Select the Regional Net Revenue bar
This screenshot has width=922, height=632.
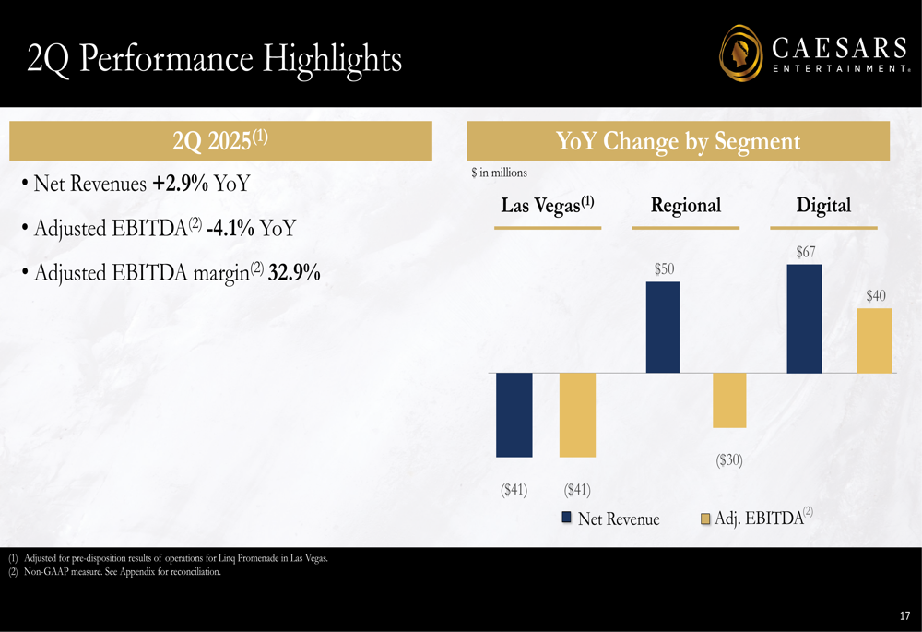pos(663,328)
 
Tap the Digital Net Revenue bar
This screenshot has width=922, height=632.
pos(804,319)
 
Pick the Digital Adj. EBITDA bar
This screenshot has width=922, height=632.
pos(874,340)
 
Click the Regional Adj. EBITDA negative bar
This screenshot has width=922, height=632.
pos(729,399)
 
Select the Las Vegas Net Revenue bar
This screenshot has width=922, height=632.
pos(514,414)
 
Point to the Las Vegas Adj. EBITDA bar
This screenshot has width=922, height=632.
pos(577,414)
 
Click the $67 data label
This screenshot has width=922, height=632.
pos(805,251)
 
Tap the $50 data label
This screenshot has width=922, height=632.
pos(664,268)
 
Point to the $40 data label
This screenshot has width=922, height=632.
pos(875,295)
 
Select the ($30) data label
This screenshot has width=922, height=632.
pos(729,459)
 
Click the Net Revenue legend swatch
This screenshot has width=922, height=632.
pos(568,519)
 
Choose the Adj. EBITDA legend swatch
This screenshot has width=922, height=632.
pos(706,519)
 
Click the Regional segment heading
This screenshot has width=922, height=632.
pos(685,205)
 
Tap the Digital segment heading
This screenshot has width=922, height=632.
pos(823,205)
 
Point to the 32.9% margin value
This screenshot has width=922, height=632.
pos(294,273)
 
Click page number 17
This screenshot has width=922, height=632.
pos(904,615)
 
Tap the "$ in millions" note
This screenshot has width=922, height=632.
pos(499,173)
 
